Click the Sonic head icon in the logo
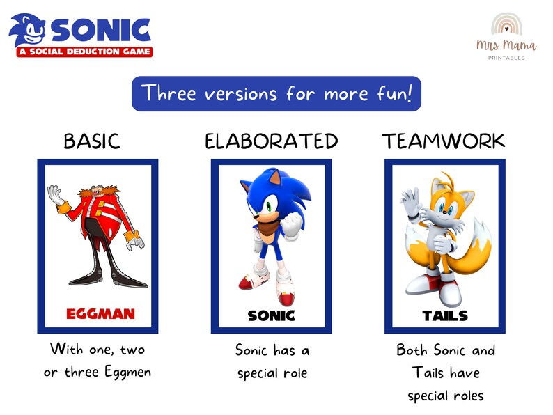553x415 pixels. click(x=27, y=31)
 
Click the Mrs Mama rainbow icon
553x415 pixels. click(x=506, y=24)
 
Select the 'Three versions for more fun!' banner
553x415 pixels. click(x=276, y=94)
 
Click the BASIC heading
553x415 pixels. click(x=91, y=141)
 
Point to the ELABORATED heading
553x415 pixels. click(x=271, y=141)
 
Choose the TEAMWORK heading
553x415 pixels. click(x=444, y=141)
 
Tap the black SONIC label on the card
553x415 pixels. click(x=272, y=315)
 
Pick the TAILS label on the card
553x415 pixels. click(x=445, y=315)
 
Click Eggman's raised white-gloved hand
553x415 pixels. click(x=55, y=196)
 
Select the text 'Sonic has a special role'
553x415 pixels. click(x=272, y=361)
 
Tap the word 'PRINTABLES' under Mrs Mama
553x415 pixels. click(x=506, y=58)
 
